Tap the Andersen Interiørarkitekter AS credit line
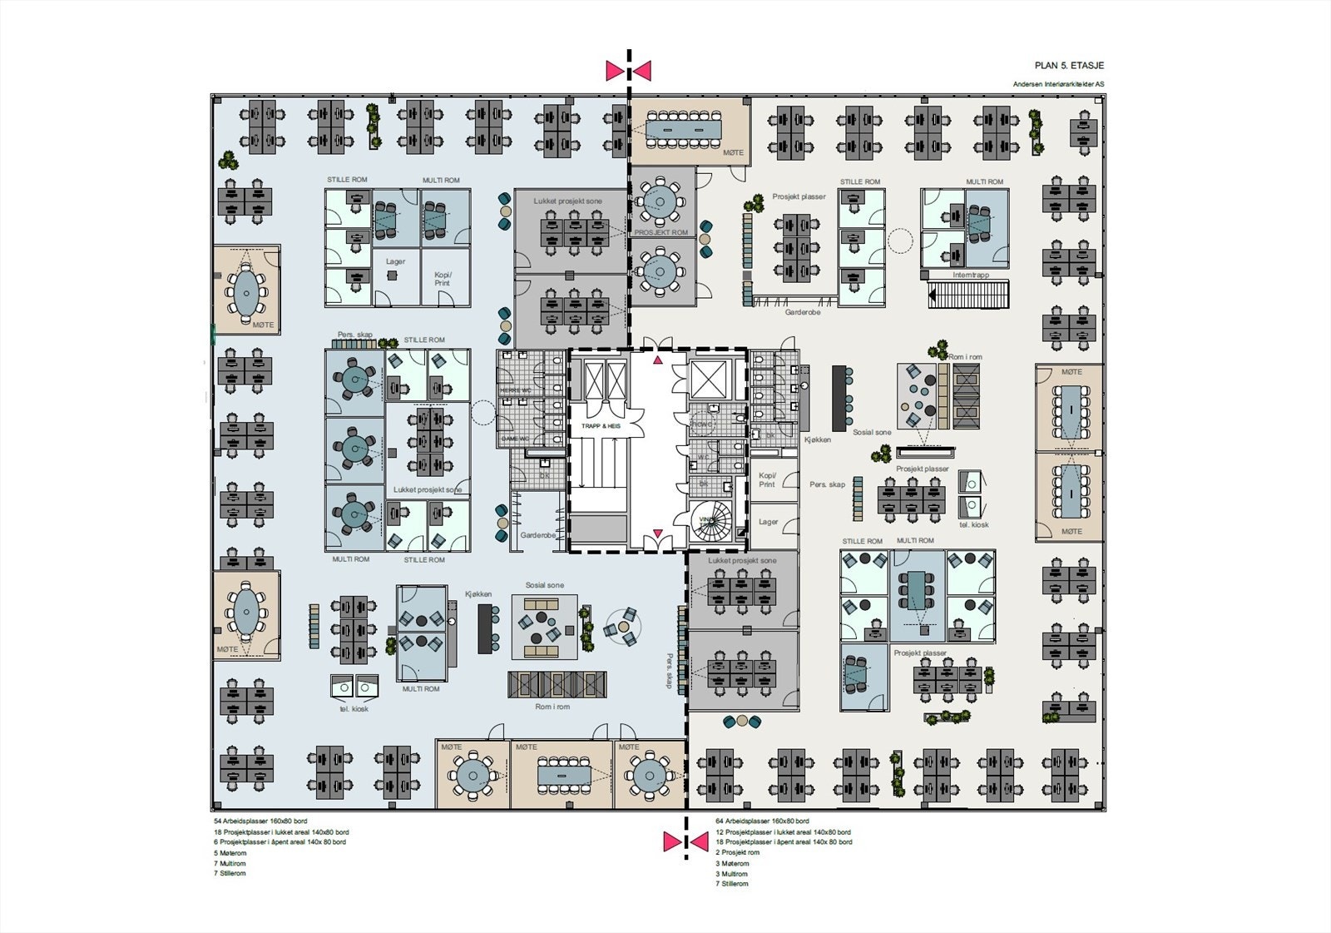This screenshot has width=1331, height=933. coord(1058,84)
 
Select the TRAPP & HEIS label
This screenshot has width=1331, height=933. coord(600,425)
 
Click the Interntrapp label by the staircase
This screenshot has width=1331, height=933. coord(971,275)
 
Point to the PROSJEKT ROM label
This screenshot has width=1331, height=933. coord(661,232)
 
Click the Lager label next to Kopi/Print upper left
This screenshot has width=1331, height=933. coord(395,261)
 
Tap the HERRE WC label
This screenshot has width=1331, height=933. coord(516,391)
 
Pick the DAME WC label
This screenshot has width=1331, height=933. coord(516,439)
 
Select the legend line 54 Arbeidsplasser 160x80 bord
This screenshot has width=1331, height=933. coord(260,821)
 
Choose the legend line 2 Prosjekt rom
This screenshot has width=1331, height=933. coord(737,852)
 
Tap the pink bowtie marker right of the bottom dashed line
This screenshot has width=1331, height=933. coord(698,842)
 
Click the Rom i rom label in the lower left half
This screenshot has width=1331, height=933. coord(552,707)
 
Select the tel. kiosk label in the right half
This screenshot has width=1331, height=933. coord(974,525)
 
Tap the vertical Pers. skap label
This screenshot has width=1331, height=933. coord(669,670)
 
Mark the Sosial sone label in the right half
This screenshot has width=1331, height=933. coord(872,432)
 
